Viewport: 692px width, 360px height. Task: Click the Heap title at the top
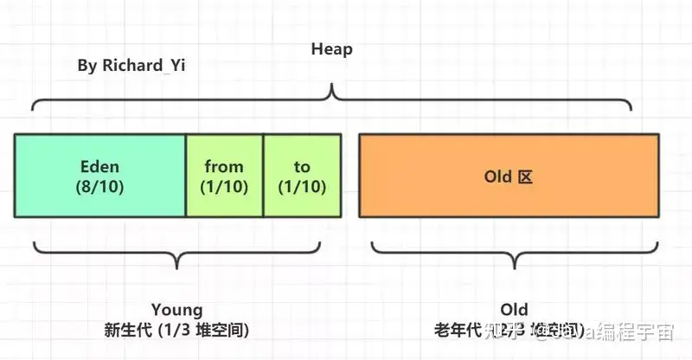[x=332, y=49]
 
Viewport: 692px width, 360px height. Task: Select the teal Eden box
[x=100, y=176]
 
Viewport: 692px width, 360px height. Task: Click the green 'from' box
[x=224, y=176]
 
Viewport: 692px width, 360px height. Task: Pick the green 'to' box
[x=302, y=176]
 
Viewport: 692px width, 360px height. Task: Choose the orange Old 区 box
[x=509, y=176]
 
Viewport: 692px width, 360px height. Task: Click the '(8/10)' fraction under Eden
[x=99, y=186]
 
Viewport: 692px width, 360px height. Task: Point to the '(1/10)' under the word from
[x=224, y=186]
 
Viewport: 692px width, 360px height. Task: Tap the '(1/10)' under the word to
[x=302, y=186]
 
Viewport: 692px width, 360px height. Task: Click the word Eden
[x=99, y=166]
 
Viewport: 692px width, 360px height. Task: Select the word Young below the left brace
[x=176, y=310]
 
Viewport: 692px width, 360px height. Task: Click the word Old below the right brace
[x=514, y=310]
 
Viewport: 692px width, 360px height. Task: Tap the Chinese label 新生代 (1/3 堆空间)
[x=176, y=330]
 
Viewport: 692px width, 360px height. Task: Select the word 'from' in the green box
[x=224, y=166]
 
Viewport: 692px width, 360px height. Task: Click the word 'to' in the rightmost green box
[x=302, y=166]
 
